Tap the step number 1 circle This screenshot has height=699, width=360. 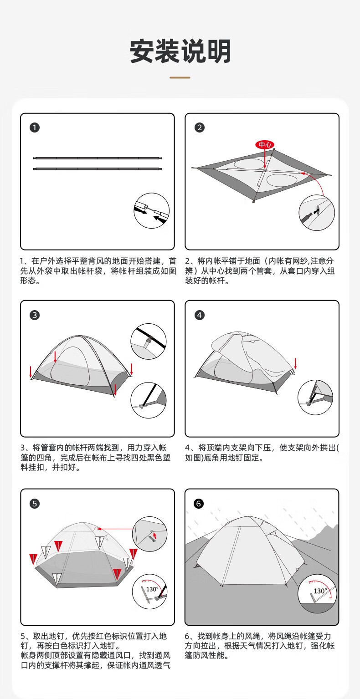[x=35, y=128]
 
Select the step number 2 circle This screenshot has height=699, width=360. [x=199, y=128]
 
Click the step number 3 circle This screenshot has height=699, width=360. [x=35, y=315]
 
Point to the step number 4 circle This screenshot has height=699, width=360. [x=199, y=315]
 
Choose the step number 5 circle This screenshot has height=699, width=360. [x=35, y=503]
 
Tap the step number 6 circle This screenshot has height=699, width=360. [x=199, y=503]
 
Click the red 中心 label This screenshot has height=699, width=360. [x=265, y=144]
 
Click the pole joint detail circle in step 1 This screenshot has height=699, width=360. [x=151, y=210]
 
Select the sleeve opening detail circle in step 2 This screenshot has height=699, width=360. [x=316, y=214]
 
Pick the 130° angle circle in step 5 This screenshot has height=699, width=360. [x=150, y=592]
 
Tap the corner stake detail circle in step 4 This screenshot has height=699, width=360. [x=315, y=397]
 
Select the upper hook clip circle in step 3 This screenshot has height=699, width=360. [x=149, y=341]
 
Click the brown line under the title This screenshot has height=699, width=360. [x=180, y=78]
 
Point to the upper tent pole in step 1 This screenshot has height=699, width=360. [x=98, y=158]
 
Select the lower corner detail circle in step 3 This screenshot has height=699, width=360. [x=149, y=399]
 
